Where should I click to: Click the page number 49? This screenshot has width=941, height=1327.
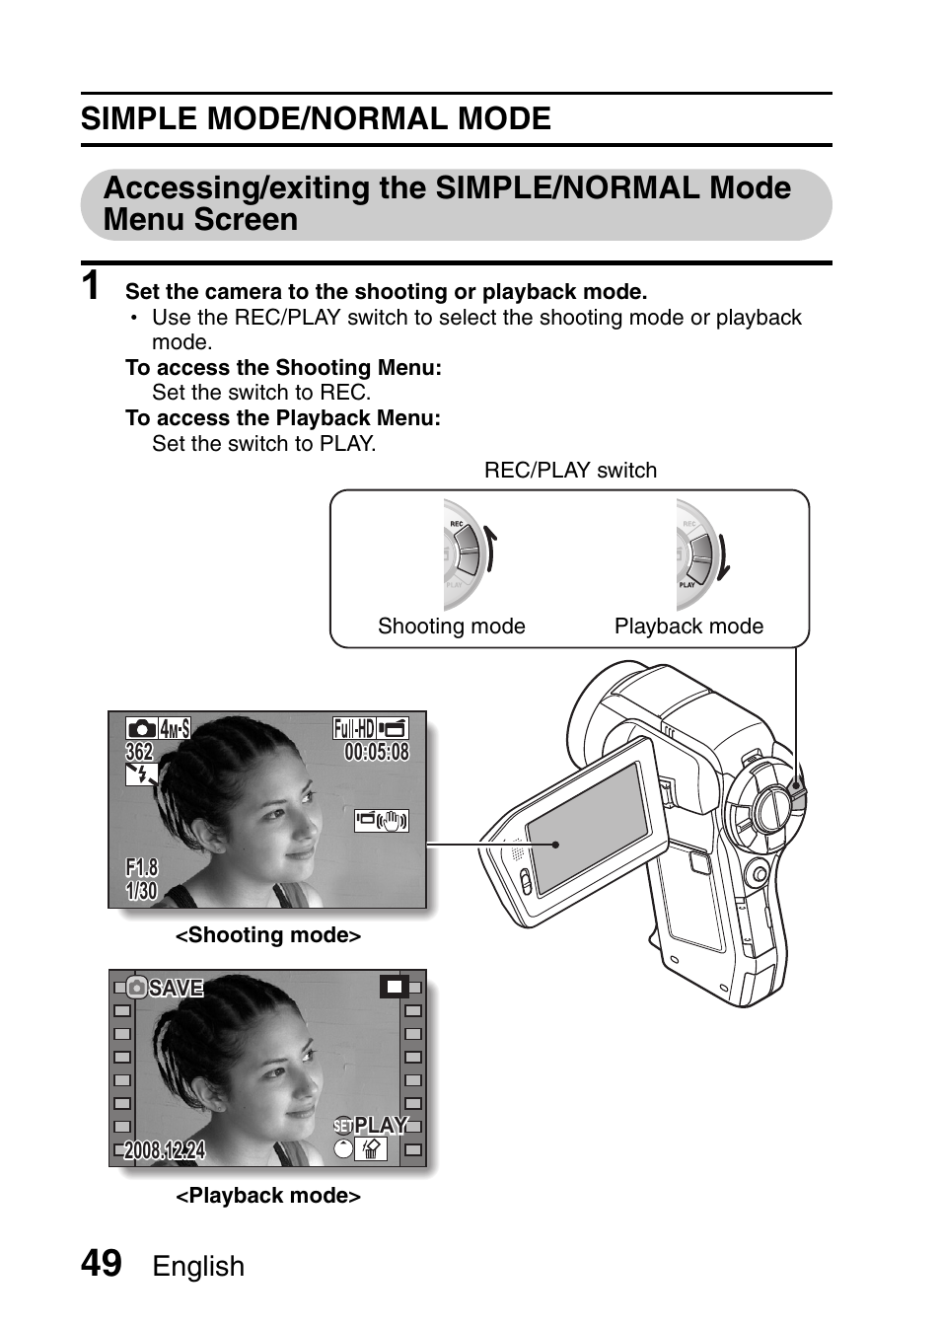click(x=102, y=1263)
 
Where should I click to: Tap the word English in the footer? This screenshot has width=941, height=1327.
click(x=198, y=1267)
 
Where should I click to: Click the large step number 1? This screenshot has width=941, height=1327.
click(x=91, y=286)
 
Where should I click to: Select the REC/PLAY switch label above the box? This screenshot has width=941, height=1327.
click(x=570, y=471)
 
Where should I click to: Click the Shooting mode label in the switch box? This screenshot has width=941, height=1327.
click(x=451, y=627)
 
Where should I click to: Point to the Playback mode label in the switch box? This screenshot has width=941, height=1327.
click(x=688, y=627)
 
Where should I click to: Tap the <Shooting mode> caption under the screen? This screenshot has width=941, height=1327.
click(x=268, y=935)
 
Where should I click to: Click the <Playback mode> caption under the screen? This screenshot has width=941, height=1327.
click(x=268, y=1196)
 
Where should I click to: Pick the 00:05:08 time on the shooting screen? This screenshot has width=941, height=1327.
click(x=376, y=753)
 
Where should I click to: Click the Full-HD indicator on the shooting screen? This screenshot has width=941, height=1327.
click(x=354, y=729)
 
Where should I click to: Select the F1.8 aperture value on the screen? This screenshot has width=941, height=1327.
click(x=141, y=867)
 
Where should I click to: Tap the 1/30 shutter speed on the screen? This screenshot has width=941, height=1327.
click(x=141, y=891)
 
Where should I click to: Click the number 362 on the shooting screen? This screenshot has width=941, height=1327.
click(x=139, y=752)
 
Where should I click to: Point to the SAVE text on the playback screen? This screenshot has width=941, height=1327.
click(x=176, y=988)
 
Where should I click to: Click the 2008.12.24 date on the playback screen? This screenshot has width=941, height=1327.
click(x=165, y=1150)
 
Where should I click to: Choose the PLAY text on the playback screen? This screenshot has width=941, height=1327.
click(x=380, y=1126)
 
